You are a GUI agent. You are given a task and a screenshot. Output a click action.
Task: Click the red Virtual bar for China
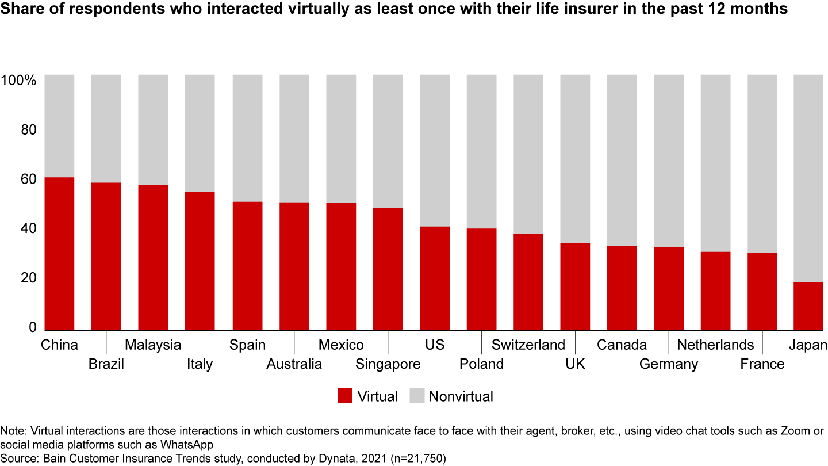pos(59,253)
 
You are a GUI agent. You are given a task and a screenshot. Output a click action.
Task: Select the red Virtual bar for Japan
pos(808,305)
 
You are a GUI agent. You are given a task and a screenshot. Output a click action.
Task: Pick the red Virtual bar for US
pos(435,278)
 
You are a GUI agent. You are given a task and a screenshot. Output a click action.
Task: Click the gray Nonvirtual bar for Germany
pos(669,161)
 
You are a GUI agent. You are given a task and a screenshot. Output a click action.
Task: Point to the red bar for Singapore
pos(388,268)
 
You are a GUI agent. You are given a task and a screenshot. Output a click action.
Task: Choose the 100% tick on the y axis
pos(20,81)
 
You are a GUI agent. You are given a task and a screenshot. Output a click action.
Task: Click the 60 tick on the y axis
pos(27,179)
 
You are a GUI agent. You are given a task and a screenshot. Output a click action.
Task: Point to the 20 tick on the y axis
pos(27,278)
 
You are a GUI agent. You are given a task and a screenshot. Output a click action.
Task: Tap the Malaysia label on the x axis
pos(153,345)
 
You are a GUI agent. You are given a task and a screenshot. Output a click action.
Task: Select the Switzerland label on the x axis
pos(528,345)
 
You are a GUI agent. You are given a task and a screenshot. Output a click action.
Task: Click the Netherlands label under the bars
pos(715,345)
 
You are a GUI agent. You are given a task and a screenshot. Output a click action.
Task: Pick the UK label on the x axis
pos(575,364)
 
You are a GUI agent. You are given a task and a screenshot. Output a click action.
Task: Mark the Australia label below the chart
pos(294,364)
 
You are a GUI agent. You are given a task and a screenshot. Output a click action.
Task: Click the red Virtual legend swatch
pos(344,396)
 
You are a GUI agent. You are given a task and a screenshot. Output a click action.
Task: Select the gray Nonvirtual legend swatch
pos(416,396)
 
